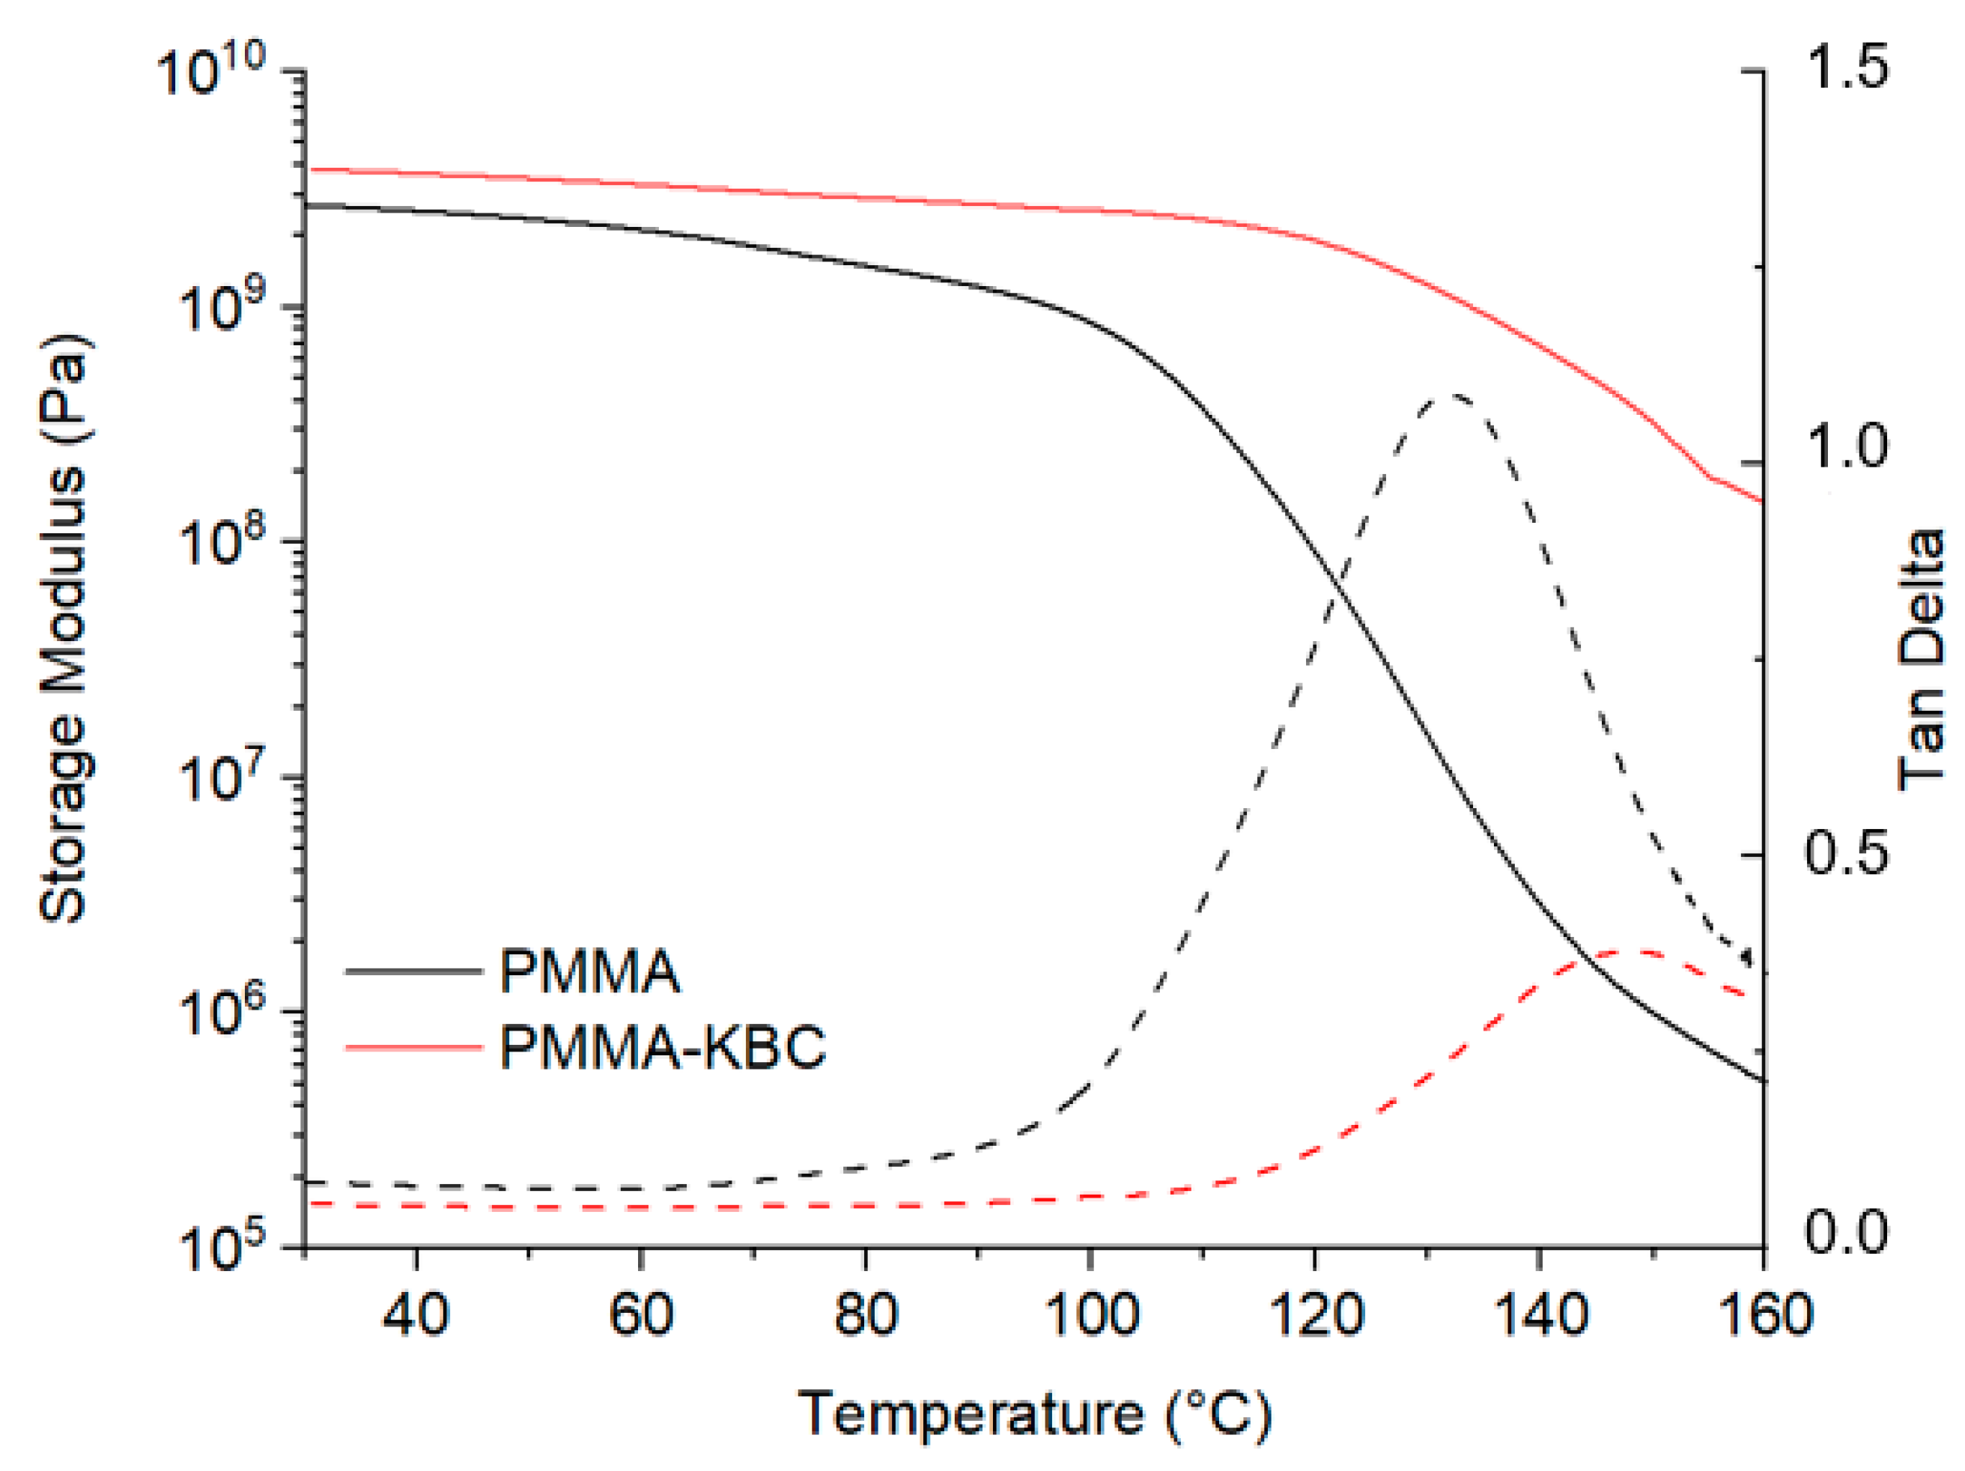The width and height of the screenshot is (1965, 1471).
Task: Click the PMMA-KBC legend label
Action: pyautogui.click(x=663, y=1046)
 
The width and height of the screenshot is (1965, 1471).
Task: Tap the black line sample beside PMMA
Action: pyautogui.click(x=413, y=971)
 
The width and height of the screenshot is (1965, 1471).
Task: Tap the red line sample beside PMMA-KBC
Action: pyautogui.click(x=413, y=1047)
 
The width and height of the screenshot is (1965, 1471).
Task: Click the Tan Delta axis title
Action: pyautogui.click(x=1921, y=659)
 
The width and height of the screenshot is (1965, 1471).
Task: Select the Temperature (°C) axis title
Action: pyautogui.click(x=1035, y=1413)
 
